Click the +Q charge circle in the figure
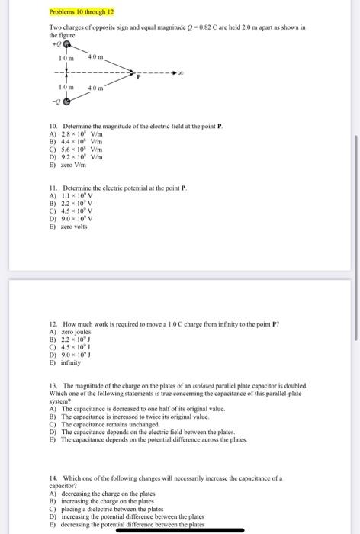tap(68, 46)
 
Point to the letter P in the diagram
tap(138, 76)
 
